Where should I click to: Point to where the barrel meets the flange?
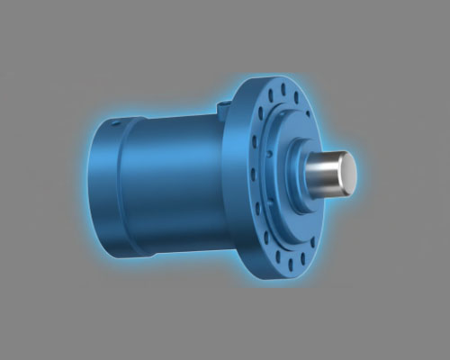[224, 180]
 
